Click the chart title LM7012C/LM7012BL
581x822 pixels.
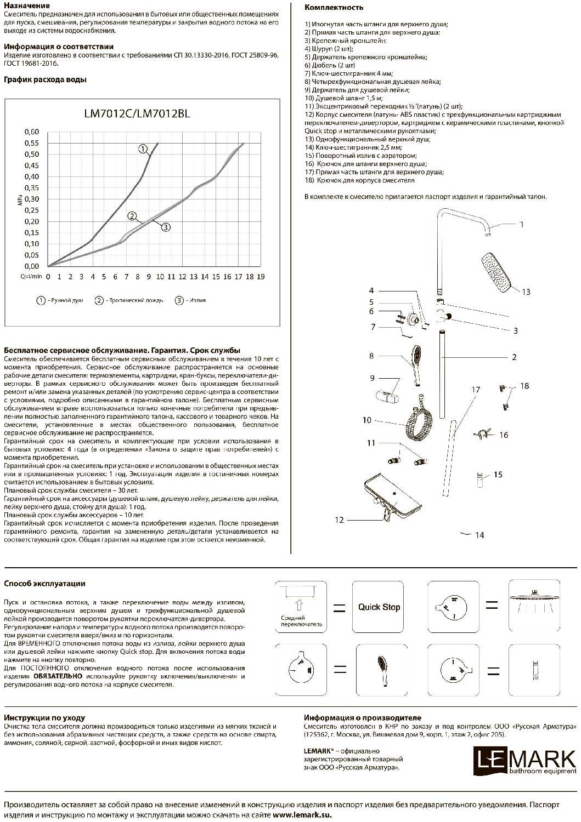(137, 114)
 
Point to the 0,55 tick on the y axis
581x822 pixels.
(32, 143)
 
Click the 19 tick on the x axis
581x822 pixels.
(261, 277)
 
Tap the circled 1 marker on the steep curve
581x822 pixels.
(143, 149)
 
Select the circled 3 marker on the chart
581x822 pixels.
(166, 226)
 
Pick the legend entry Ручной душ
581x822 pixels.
(60, 300)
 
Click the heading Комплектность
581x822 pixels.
(334, 8)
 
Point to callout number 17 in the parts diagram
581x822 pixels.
(476, 390)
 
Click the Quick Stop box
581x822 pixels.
(379, 607)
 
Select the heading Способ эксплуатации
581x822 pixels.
(44, 584)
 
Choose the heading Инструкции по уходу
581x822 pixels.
(44, 717)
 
